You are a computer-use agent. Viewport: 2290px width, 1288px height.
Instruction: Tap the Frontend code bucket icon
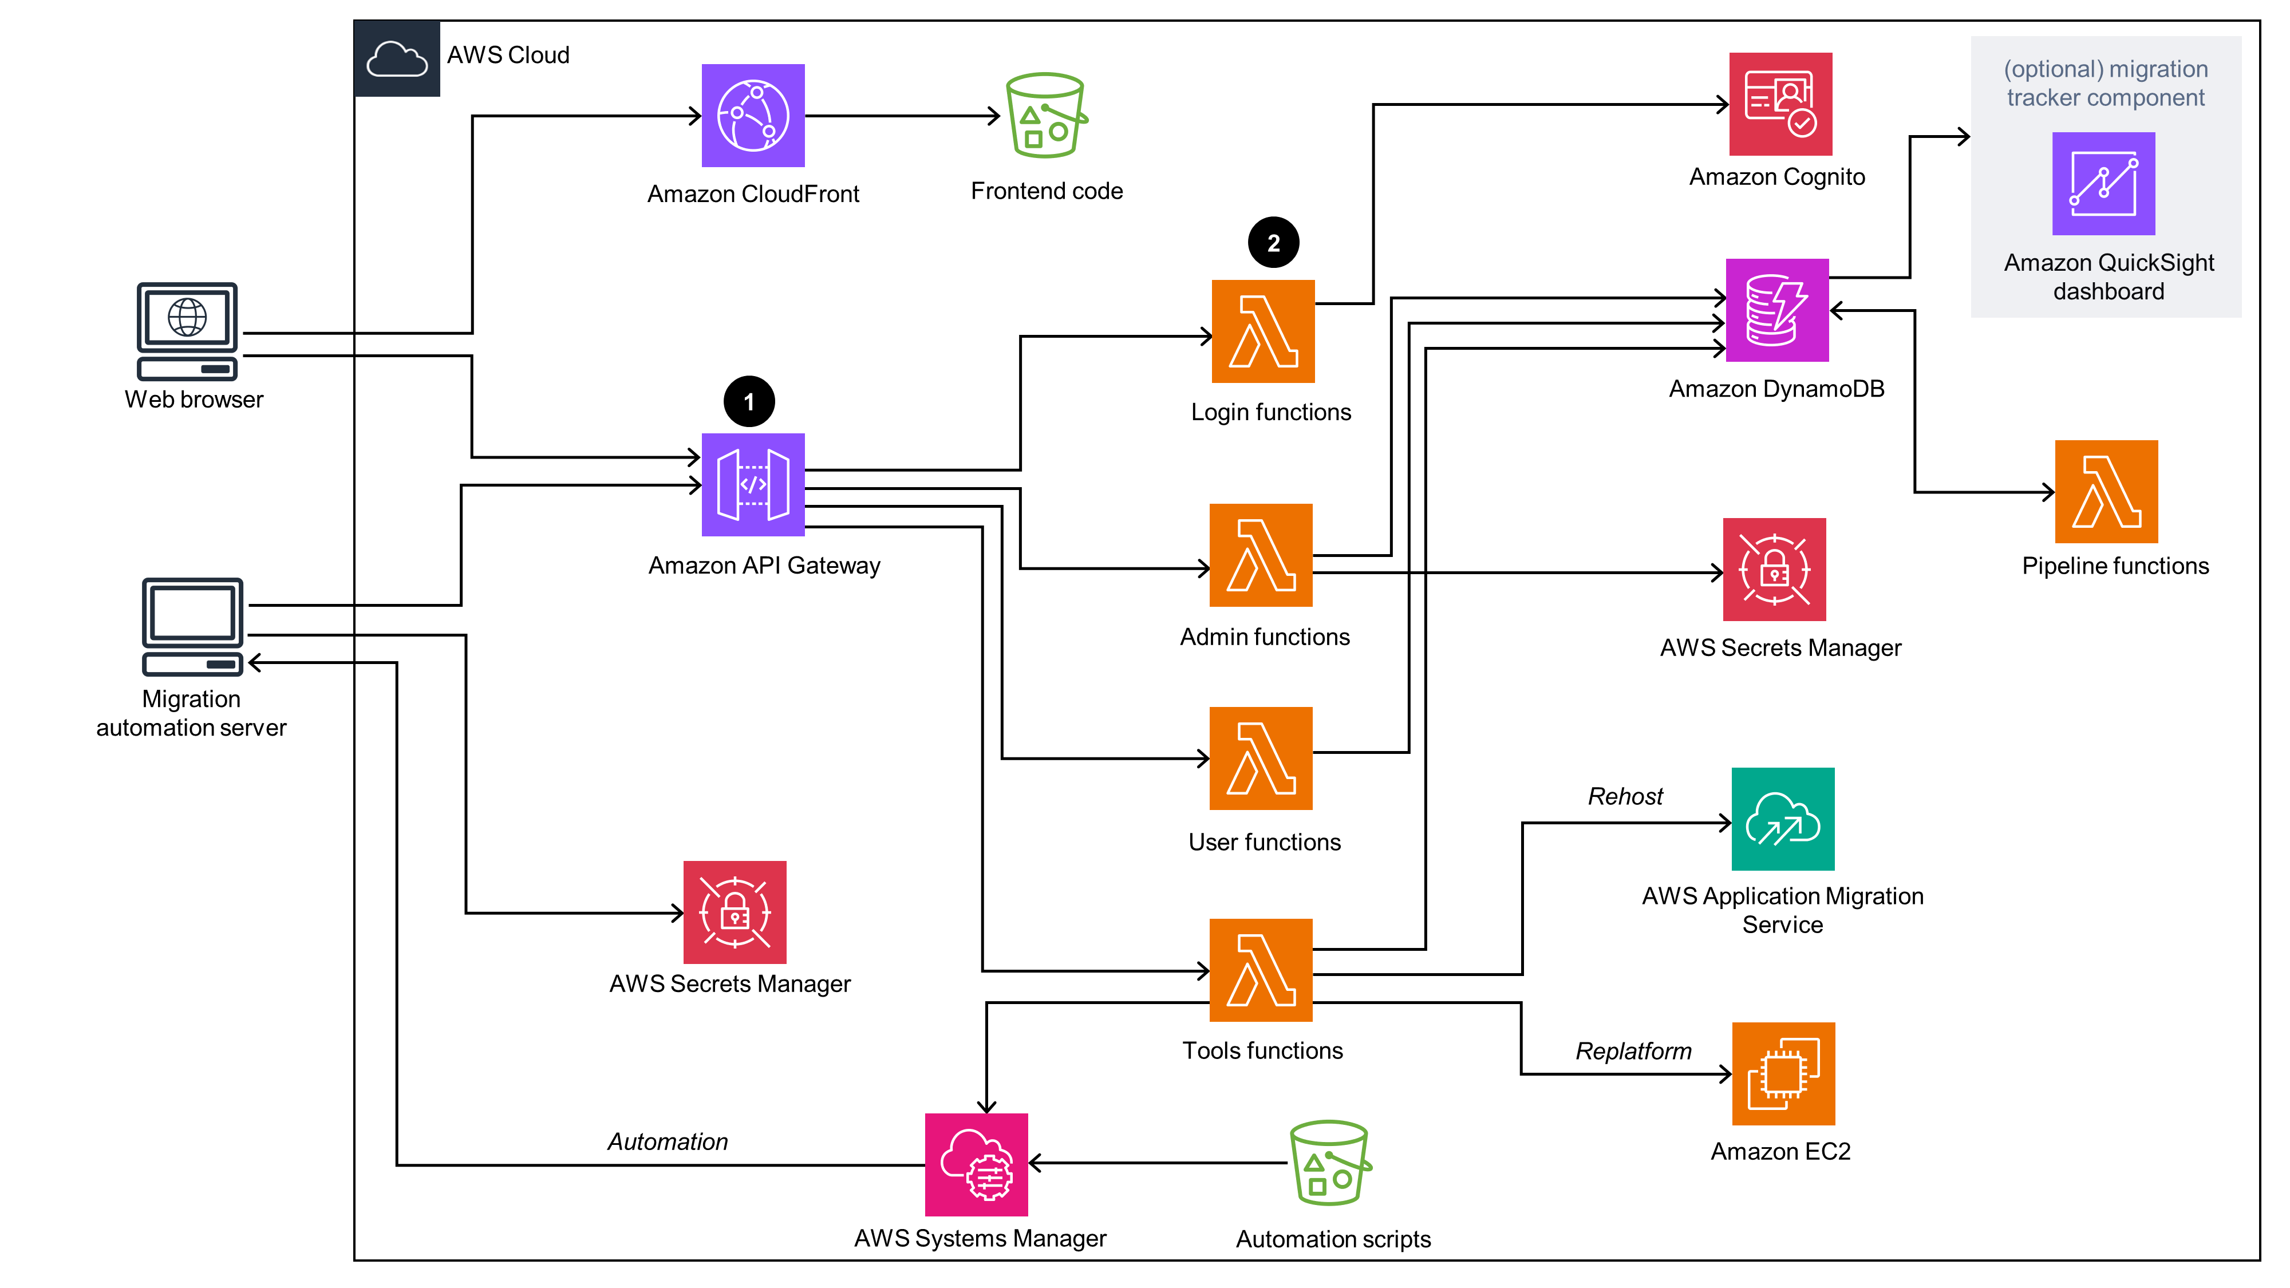(x=1045, y=116)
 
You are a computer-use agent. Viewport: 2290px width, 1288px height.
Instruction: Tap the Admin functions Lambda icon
(x=1261, y=555)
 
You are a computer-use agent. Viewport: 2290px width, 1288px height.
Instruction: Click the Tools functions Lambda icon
(x=1261, y=970)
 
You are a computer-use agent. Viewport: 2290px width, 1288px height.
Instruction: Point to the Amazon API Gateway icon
(x=753, y=484)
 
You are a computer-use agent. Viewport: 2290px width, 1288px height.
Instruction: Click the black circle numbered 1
(x=748, y=402)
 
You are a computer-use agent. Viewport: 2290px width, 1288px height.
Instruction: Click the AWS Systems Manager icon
(x=976, y=1164)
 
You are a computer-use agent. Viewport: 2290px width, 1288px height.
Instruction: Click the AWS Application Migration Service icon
(x=1782, y=818)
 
